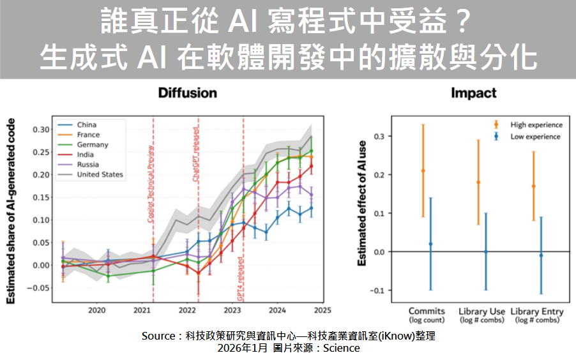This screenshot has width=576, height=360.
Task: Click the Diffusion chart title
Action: pyautogui.click(x=187, y=93)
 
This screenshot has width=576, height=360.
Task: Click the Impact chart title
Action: pyautogui.click(x=473, y=93)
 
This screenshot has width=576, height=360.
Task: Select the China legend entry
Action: pyautogui.click(x=87, y=125)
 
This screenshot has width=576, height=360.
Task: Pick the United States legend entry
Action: pyautogui.click(x=100, y=174)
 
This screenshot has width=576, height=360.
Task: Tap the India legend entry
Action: pyautogui.click(x=86, y=154)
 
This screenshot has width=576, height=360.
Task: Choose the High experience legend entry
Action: pyautogui.click(x=535, y=125)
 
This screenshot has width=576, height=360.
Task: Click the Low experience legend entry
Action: pyautogui.click(x=534, y=137)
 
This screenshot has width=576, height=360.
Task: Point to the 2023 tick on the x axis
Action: pyautogui.click(x=231, y=311)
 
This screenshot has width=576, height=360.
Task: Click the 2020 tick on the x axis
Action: pyautogui.click(x=96, y=311)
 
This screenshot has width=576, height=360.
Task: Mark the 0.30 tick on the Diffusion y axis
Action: pyautogui.click(x=40, y=129)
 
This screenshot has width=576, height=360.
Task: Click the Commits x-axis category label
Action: pyautogui.click(x=427, y=311)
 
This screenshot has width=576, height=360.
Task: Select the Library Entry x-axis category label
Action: pyautogui.click(x=538, y=311)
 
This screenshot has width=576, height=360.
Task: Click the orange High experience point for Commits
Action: pyautogui.click(x=423, y=170)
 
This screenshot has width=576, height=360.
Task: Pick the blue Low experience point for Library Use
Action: pyautogui.click(x=485, y=251)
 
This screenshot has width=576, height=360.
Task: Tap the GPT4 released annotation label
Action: pyautogui.click(x=240, y=280)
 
